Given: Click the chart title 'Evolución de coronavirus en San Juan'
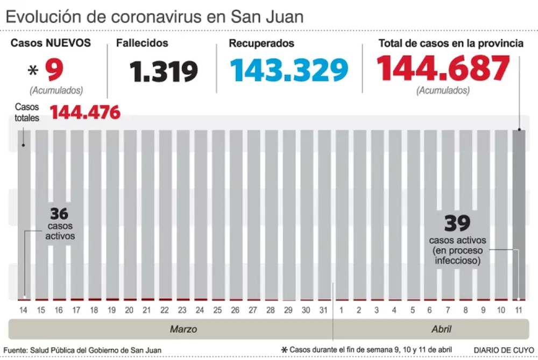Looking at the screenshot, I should point(154,16).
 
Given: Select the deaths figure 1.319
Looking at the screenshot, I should point(164,71).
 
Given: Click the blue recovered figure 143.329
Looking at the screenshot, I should point(289,69).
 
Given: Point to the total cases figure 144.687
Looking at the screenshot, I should point(442,68).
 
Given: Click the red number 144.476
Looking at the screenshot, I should point(85,112).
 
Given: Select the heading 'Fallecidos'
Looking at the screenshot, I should point(143,43).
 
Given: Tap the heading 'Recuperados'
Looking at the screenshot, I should point(261,43).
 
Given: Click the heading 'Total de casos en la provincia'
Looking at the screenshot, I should point(451,44).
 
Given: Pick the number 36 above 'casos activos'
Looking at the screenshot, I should point(60,213).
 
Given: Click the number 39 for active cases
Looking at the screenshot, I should point(457,222).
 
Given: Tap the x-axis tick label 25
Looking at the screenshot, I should point(217,310).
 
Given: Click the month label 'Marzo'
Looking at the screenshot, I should point(183,329).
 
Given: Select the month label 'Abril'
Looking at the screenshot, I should point(441,329).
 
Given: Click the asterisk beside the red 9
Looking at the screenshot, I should point(33,70).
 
